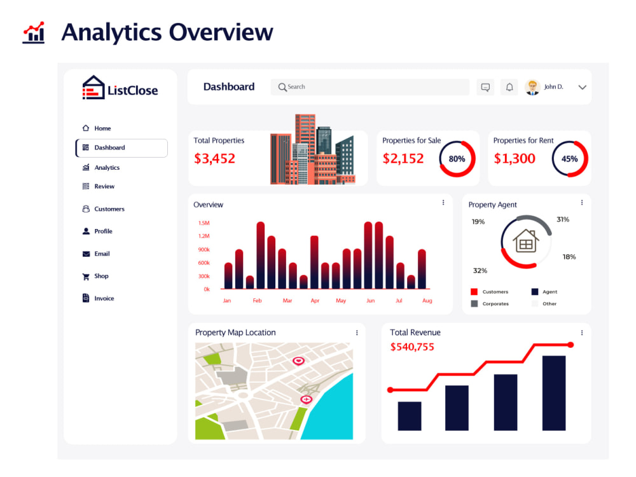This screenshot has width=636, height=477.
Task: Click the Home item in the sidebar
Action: [97, 128]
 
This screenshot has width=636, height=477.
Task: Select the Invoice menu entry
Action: [98, 298]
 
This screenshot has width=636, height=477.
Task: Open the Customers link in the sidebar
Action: [104, 209]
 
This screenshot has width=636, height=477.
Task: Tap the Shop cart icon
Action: [86, 277]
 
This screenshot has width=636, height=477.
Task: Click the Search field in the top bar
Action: [370, 86]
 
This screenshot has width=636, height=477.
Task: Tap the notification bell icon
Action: [509, 86]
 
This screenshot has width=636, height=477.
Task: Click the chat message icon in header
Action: [485, 87]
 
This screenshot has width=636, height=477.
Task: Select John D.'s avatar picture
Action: [532, 86]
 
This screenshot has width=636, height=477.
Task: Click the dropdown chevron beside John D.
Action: [583, 87]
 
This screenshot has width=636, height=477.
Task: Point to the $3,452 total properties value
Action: [214, 158]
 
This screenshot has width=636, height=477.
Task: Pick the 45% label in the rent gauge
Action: [569, 159]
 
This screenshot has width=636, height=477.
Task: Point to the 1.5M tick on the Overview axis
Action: [204, 223]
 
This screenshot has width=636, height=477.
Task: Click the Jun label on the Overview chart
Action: [370, 301]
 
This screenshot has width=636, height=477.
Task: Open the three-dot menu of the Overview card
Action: [443, 202]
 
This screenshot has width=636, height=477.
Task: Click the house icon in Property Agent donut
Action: [526, 241]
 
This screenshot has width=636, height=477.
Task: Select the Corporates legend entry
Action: [490, 303]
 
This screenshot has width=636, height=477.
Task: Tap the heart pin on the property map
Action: [298, 361]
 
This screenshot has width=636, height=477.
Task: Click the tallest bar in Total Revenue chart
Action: [554, 393]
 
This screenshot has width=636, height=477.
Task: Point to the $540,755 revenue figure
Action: [412, 347]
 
